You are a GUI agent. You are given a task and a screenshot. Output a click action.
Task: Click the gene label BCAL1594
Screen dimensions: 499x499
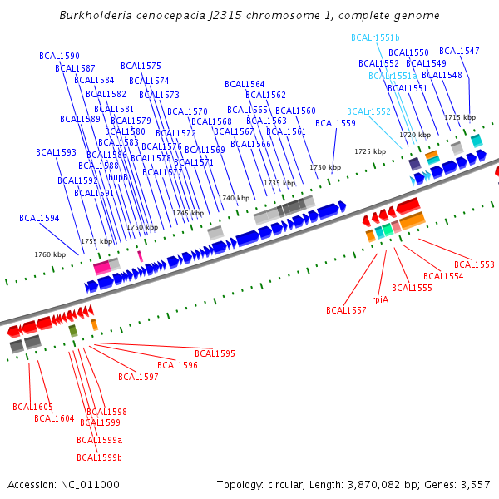pyautogui.click(x=39, y=218)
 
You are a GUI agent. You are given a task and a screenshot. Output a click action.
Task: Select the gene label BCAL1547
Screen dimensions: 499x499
pyautogui.click(x=459, y=52)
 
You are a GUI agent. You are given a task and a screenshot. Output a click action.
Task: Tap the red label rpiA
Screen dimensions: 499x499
pyautogui.click(x=380, y=299)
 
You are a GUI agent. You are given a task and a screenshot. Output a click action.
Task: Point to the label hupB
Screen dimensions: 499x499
pyautogui.click(x=118, y=177)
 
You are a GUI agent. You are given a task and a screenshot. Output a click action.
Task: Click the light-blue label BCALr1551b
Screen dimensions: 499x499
pyautogui.click(x=375, y=38)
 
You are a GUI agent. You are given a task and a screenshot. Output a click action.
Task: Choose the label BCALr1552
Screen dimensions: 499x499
pyautogui.click(x=368, y=111)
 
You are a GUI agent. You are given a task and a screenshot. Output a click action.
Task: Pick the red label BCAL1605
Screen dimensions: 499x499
pyautogui.click(x=32, y=407)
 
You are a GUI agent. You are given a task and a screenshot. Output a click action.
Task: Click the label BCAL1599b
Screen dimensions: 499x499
pyautogui.click(x=99, y=457)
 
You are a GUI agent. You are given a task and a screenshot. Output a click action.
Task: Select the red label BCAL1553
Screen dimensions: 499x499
pyautogui.click(x=474, y=264)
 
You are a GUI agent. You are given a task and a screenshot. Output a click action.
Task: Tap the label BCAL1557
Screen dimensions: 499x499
pyautogui.click(x=346, y=310)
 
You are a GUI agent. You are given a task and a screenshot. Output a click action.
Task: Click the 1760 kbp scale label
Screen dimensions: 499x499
pyautogui.click(x=49, y=254)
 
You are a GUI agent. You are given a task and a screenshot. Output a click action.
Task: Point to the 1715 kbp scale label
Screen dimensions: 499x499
pyautogui.click(x=459, y=117)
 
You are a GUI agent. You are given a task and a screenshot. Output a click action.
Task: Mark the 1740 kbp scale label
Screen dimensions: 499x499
pyautogui.click(x=234, y=198)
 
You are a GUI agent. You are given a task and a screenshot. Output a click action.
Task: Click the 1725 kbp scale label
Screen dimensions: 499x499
pyautogui.click(x=370, y=151)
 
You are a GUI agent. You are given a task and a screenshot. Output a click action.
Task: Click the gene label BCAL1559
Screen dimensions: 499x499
pyautogui.click(x=335, y=123)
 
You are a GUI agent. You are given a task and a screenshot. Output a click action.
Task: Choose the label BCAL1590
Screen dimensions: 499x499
pyautogui.click(x=59, y=56)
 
